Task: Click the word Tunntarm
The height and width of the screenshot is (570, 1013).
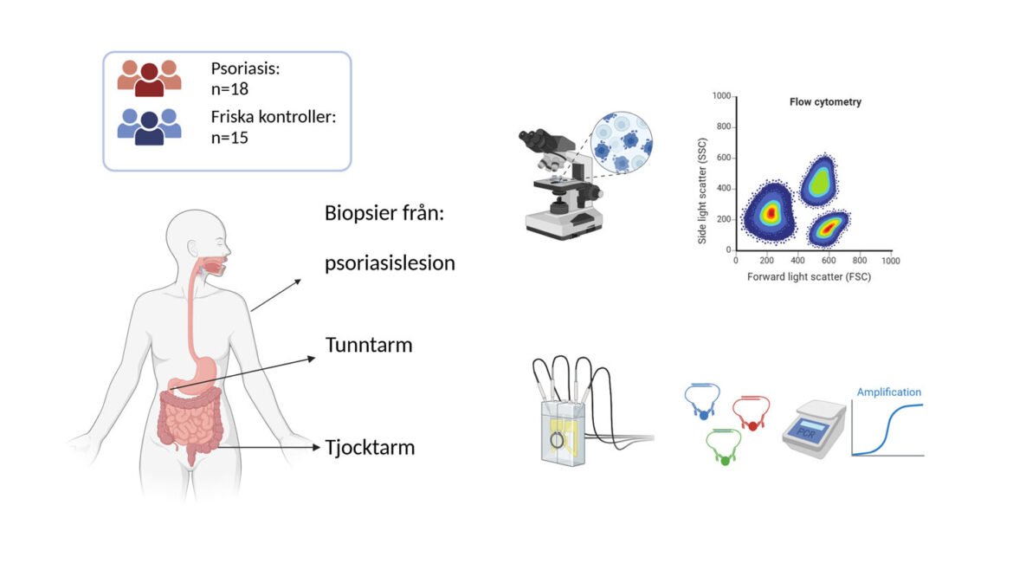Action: (x=368, y=345)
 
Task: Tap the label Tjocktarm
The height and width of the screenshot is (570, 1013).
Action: (x=370, y=448)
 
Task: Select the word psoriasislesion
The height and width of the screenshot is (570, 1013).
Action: (x=390, y=263)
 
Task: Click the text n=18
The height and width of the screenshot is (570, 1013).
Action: (x=230, y=88)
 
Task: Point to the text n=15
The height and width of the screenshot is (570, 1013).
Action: (x=230, y=137)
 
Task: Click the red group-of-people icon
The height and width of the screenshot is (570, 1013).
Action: (x=149, y=78)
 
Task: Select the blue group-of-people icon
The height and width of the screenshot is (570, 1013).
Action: (x=149, y=126)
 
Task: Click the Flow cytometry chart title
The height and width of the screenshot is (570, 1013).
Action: (x=824, y=102)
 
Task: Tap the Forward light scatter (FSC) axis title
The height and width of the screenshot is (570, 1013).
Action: (x=809, y=277)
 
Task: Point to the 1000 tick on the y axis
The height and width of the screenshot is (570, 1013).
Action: (x=721, y=96)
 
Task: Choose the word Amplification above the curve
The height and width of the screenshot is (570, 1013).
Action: (x=888, y=392)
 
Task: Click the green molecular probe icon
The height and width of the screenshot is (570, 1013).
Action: (x=724, y=444)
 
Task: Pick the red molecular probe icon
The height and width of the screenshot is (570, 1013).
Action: (x=752, y=412)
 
